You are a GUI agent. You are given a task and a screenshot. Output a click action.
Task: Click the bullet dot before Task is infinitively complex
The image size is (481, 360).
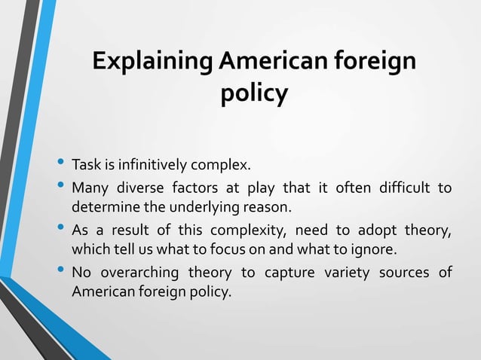pyautogui.click(x=60, y=163)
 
